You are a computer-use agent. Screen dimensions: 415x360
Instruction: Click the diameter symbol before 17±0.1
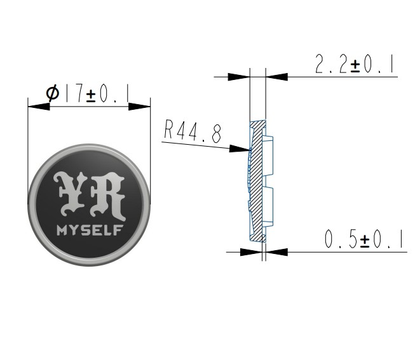(53, 93)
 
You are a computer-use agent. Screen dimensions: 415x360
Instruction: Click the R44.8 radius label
(193, 131)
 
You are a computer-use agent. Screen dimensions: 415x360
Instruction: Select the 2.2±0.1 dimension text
(354, 64)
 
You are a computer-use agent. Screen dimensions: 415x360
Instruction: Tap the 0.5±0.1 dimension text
(364, 239)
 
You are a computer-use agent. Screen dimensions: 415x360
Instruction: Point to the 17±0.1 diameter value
(97, 93)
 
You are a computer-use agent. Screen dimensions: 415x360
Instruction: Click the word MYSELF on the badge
(90, 230)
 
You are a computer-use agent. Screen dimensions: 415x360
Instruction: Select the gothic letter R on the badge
(107, 196)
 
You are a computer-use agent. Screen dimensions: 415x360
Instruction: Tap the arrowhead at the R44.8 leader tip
(240, 149)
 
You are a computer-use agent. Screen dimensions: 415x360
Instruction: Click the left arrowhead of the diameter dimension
(39, 107)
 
